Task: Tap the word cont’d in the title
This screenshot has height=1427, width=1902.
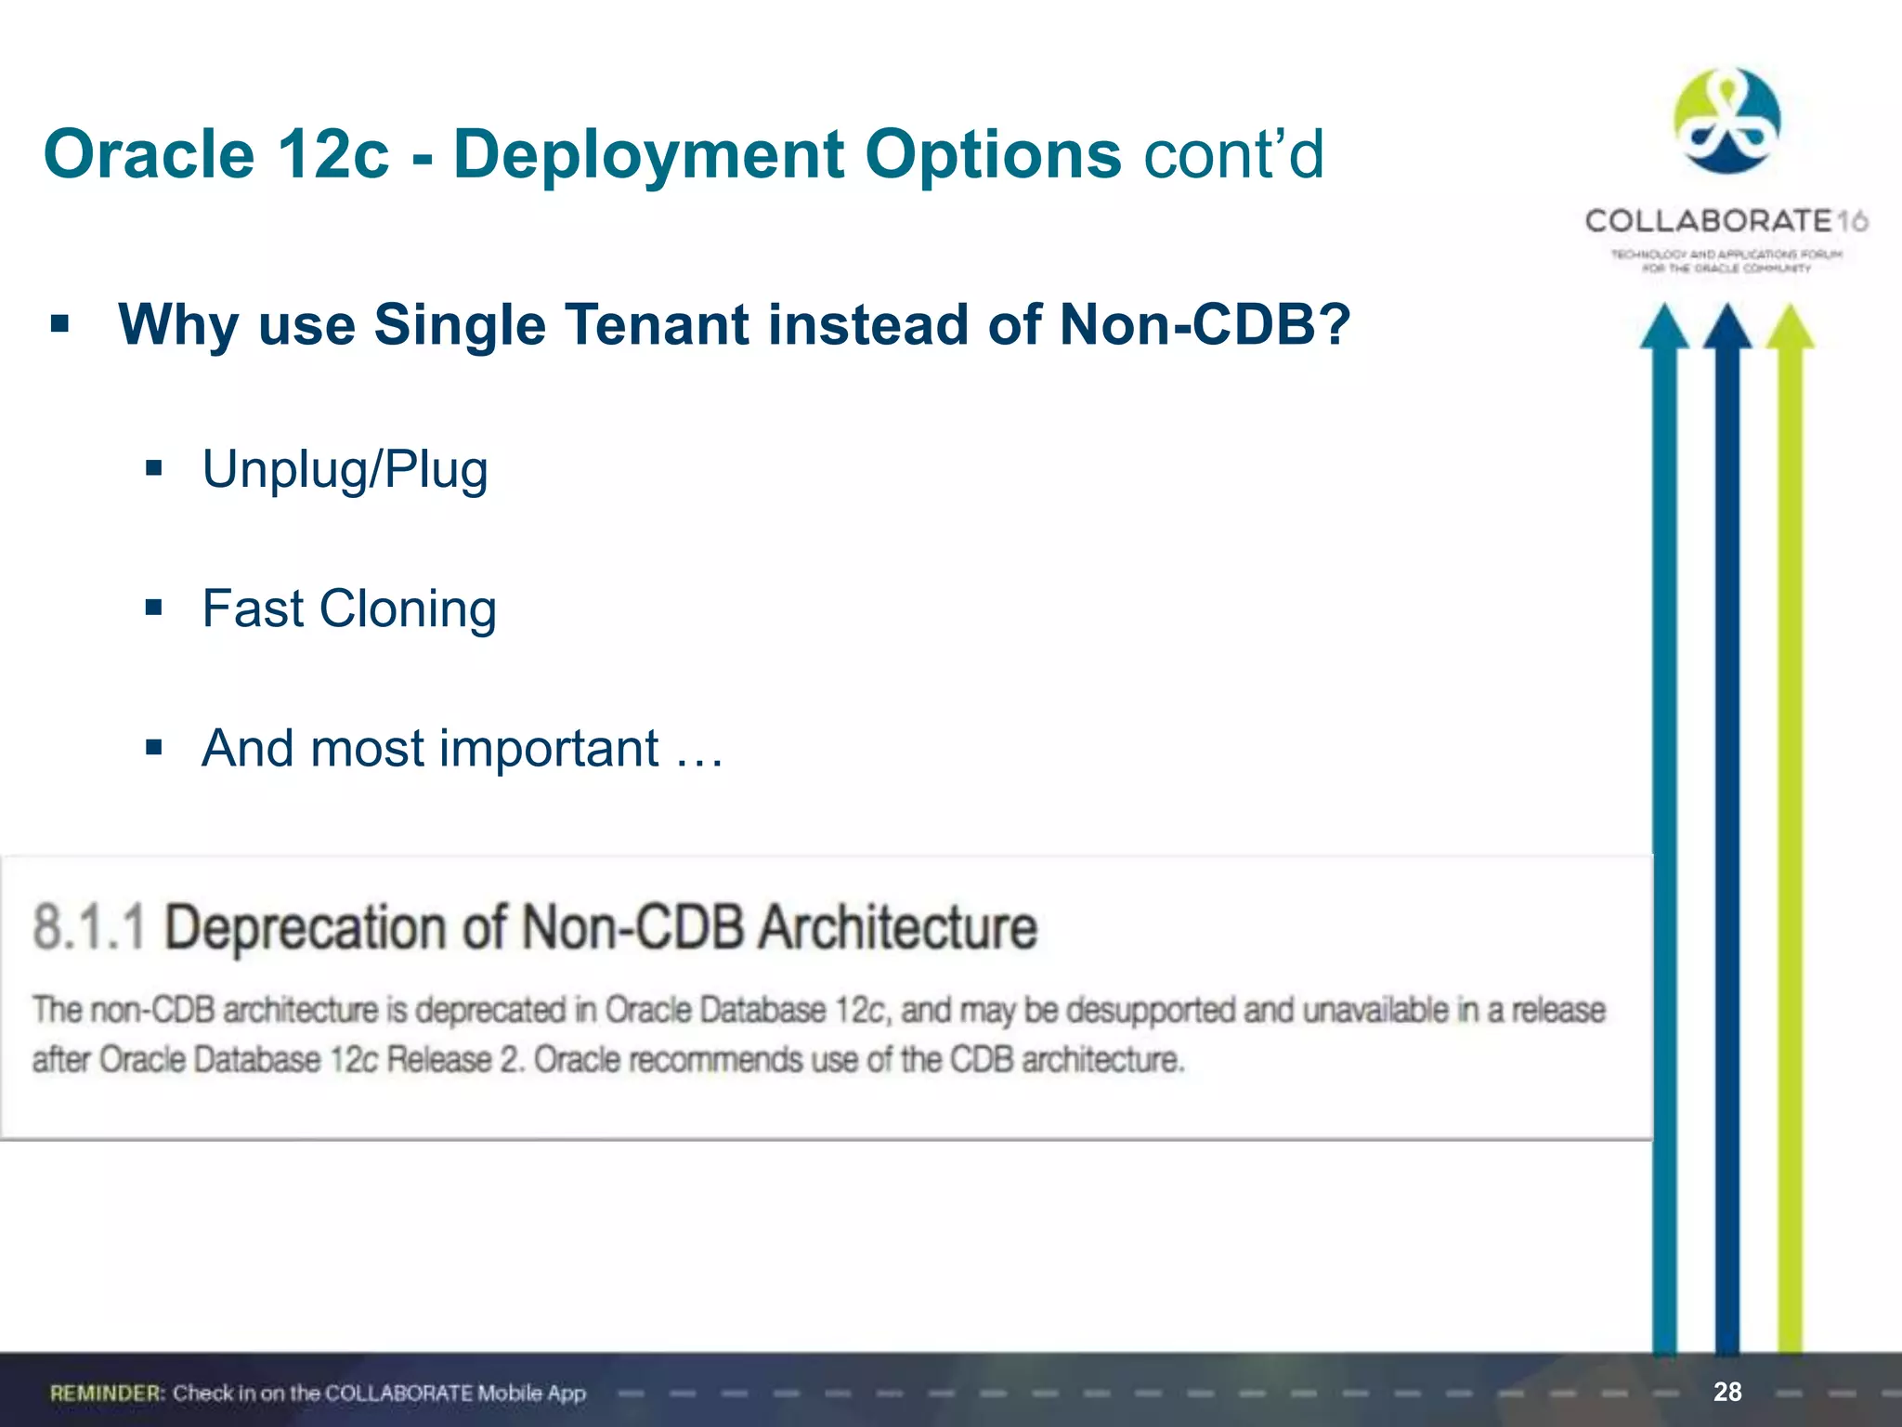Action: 1233,154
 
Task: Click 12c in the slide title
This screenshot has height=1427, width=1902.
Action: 332,154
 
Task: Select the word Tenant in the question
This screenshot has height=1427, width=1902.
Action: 656,325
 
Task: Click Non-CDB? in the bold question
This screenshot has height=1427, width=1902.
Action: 1205,325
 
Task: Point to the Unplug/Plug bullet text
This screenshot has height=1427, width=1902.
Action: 345,469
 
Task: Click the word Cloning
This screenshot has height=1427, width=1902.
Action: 408,609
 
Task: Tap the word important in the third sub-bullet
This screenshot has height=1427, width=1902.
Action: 549,749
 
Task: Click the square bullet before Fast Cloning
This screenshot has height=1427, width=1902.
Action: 154,609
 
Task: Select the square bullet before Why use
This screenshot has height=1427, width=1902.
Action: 60,324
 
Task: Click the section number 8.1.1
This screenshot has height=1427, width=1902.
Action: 89,928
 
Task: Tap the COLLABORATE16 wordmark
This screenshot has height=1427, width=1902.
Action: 1726,221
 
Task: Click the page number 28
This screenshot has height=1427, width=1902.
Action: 1727,1392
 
